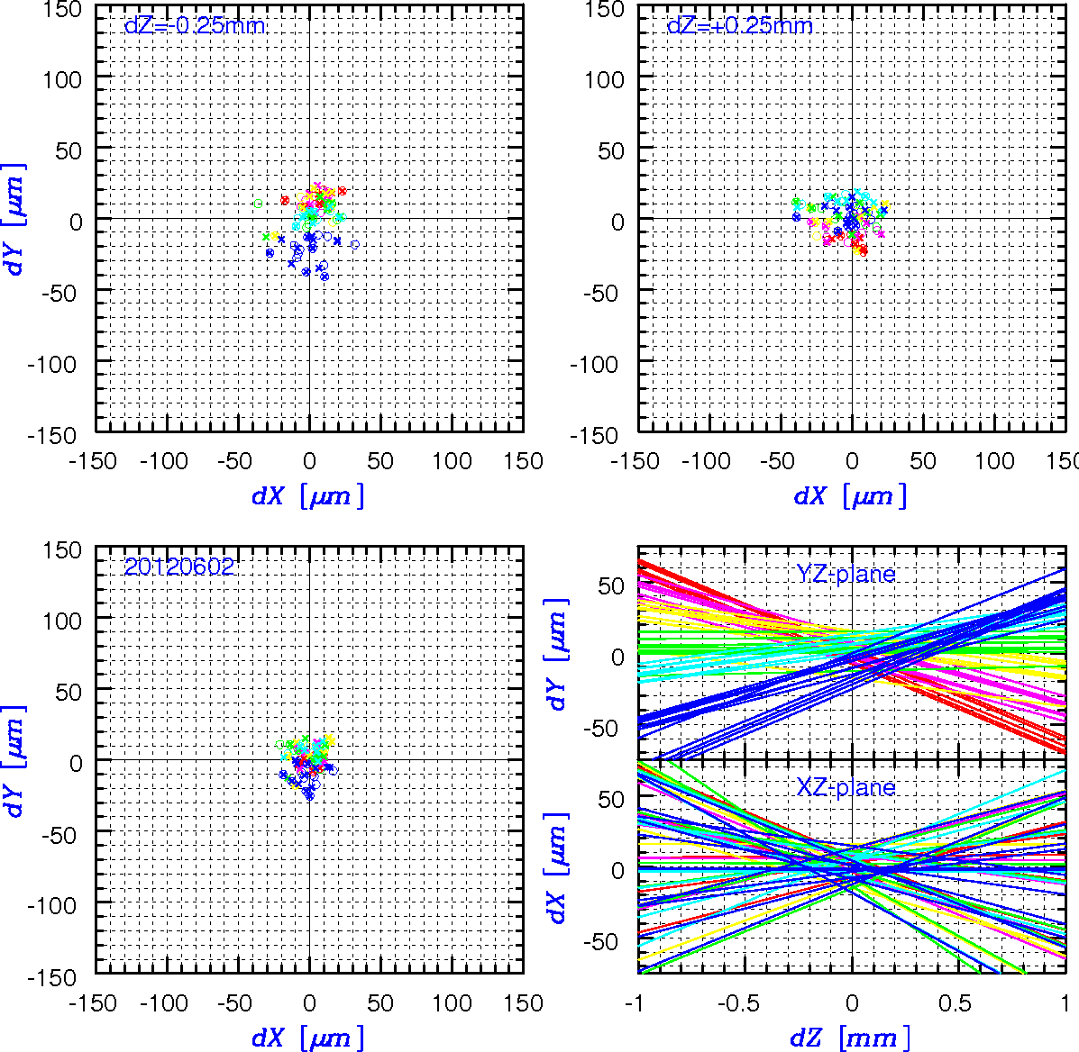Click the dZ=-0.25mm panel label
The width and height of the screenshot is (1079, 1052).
195,26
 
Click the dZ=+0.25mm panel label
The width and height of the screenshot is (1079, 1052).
740,26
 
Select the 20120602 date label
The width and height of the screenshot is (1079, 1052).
178,567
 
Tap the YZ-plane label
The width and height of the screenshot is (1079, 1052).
846,574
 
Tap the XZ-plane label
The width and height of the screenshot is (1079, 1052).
846,786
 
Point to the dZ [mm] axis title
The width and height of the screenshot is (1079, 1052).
851,1037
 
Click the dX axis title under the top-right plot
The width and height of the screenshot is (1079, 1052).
851,495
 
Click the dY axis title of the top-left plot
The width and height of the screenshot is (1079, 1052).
14,220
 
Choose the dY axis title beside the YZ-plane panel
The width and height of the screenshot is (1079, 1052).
557,654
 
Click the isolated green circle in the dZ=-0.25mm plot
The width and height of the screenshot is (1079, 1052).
259,204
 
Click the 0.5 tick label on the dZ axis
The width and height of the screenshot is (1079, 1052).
956,1003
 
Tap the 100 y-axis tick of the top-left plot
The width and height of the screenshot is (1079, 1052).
62,80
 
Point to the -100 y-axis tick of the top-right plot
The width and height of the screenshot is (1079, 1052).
594,364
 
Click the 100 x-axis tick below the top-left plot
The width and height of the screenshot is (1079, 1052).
452,460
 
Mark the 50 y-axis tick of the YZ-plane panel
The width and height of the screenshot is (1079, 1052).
611,586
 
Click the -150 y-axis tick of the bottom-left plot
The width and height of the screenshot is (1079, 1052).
51,976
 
